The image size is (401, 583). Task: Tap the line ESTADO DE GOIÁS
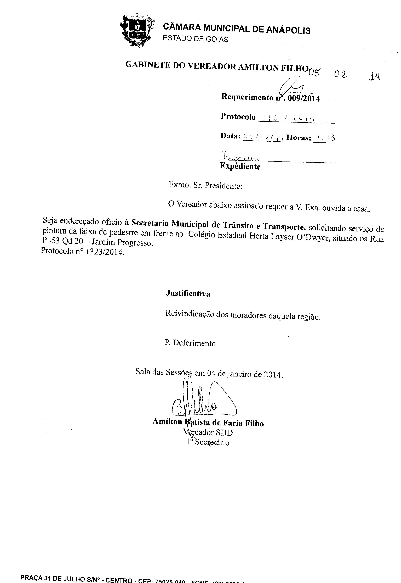pos(196,39)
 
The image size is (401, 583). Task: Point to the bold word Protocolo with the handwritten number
pos(238,117)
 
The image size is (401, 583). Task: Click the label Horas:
pos(299,138)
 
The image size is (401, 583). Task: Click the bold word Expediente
pos(240,166)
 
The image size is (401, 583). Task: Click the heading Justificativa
pos(188,293)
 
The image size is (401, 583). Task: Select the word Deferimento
pos(194,343)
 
